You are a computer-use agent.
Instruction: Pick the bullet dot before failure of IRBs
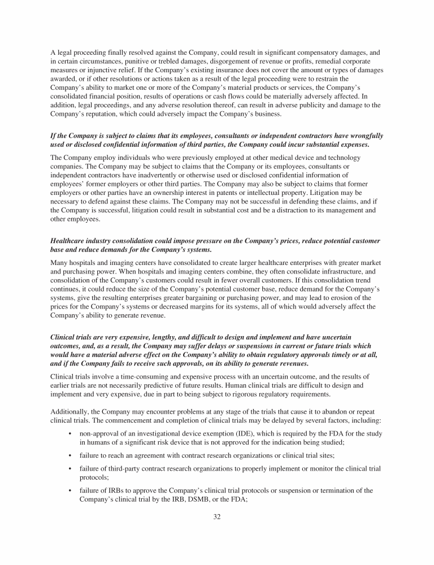coord(68,491)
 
